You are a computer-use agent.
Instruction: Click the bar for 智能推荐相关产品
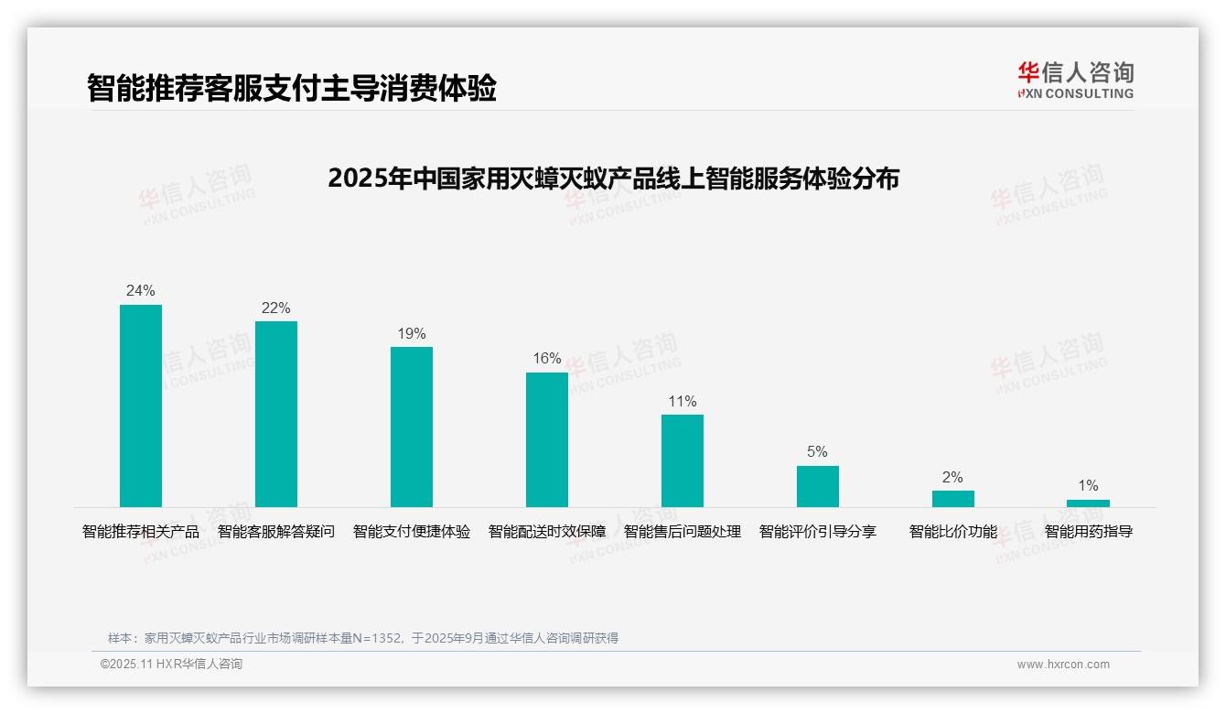[x=141, y=406]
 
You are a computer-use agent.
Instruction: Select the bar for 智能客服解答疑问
[x=276, y=414]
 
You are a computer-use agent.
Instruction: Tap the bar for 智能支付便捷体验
[x=412, y=427]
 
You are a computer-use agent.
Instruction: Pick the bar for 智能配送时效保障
[x=547, y=439]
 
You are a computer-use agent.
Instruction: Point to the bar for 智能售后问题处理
[x=683, y=460]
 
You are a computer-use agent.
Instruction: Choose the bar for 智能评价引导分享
[x=817, y=486]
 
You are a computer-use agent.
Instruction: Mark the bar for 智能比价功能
[x=952, y=499]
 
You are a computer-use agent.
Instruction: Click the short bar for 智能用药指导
[x=1088, y=503]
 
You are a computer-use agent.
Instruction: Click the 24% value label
[x=141, y=291]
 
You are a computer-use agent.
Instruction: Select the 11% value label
[x=683, y=401]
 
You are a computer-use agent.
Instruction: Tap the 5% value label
[x=817, y=452]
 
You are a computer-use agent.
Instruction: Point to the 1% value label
[x=1088, y=486]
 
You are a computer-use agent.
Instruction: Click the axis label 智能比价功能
[x=952, y=532]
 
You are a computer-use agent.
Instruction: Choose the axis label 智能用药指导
[x=1089, y=532]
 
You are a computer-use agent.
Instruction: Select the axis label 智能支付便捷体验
[x=412, y=532]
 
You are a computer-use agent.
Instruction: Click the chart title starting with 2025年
[x=613, y=178]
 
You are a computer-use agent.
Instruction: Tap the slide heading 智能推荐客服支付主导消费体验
[x=292, y=89]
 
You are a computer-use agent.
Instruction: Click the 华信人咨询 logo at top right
[x=1075, y=81]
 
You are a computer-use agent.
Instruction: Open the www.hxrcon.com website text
[x=1063, y=665]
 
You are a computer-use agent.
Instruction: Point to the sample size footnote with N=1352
[x=363, y=638]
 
